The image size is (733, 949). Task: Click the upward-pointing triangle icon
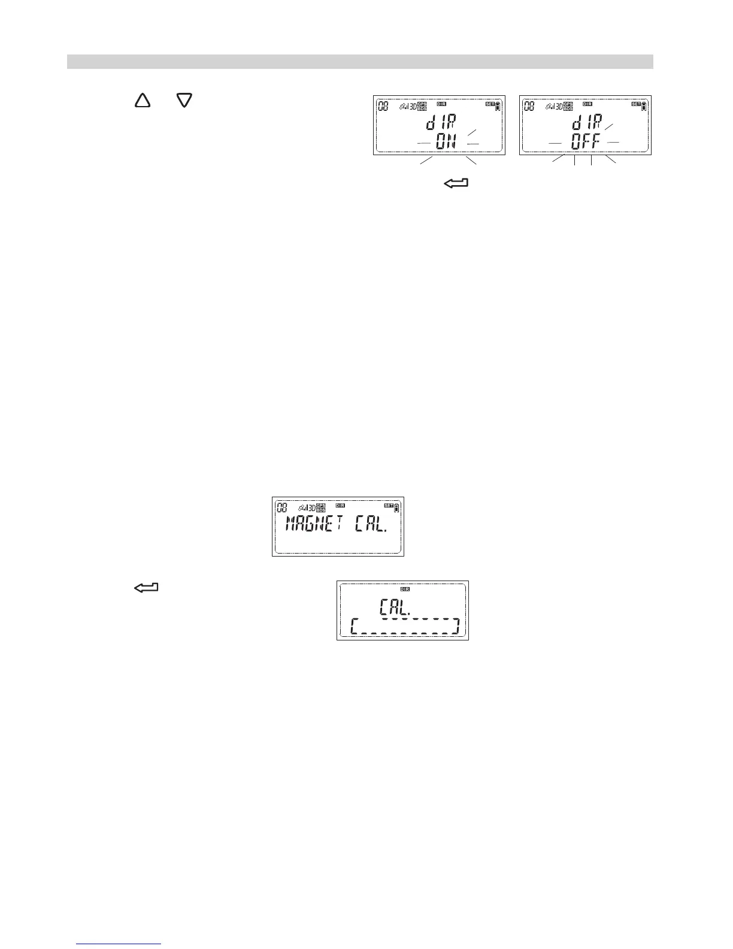(143, 100)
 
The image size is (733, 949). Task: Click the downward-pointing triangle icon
(183, 100)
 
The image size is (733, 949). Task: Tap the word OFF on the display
(585, 143)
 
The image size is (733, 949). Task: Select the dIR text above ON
(441, 124)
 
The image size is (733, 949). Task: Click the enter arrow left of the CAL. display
(145, 588)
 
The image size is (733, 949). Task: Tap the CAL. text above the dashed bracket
(395, 609)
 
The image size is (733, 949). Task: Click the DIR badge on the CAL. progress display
(405, 588)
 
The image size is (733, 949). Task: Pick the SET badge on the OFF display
(636, 104)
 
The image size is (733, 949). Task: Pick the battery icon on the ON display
(498, 107)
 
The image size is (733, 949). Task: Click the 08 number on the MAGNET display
(281, 508)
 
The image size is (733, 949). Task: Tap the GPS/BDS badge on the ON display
(422, 107)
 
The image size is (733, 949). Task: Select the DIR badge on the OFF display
(587, 104)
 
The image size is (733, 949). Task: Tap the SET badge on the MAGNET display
(388, 506)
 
